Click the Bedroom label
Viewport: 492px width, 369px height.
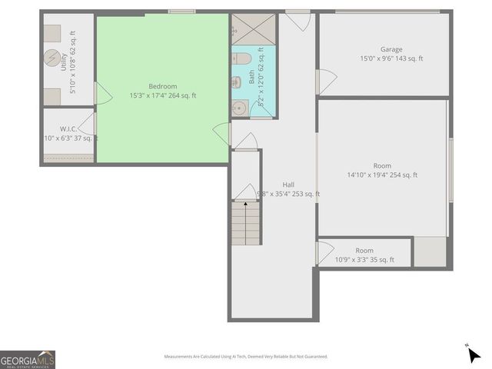click(x=163, y=86)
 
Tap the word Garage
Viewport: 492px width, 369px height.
click(x=391, y=49)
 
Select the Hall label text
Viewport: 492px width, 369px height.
click(x=288, y=184)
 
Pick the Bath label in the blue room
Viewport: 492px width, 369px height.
click(x=251, y=77)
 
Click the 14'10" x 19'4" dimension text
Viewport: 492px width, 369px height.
click(x=382, y=175)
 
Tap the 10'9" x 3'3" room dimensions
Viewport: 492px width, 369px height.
click(x=364, y=260)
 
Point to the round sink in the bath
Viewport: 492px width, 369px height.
click(x=239, y=108)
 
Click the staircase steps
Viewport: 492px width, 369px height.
click(x=246, y=223)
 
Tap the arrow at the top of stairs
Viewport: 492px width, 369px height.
click(x=246, y=204)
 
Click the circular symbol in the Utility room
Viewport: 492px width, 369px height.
click(x=52, y=58)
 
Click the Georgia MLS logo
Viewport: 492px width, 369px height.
click(x=28, y=360)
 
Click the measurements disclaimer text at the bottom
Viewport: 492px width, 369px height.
click(x=245, y=357)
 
